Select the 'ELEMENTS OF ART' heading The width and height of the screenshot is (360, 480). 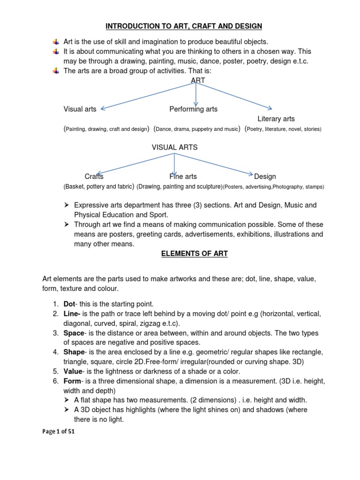tap(194, 254)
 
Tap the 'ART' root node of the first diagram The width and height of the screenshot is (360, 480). tap(198, 80)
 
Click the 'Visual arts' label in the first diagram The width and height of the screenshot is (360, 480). tap(80, 109)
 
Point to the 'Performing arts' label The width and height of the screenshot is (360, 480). tap(193, 109)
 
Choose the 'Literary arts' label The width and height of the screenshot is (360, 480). tap(276, 119)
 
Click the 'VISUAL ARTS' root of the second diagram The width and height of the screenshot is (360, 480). tap(174, 147)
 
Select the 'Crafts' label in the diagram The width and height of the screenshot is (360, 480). tap(94, 177)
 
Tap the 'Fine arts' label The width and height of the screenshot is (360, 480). tap(183, 177)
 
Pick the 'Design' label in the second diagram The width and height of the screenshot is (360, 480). tap(265, 177)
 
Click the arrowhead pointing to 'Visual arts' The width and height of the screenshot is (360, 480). tap(103, 108)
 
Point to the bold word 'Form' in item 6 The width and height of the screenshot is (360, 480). tap(72, 381)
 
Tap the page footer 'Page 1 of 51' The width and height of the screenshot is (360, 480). tap(59, 432)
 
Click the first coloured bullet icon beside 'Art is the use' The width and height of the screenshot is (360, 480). tap(56, 42)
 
